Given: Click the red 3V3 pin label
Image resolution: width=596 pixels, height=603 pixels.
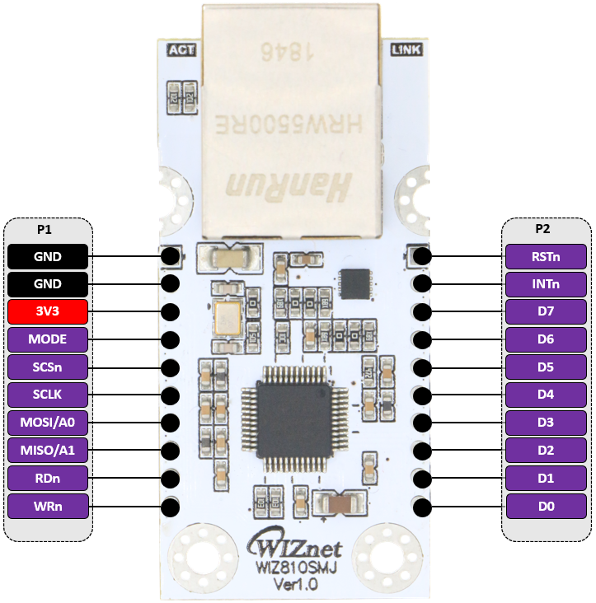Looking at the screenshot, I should [48, 312].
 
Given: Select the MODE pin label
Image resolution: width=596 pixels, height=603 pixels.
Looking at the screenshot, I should [48, 339].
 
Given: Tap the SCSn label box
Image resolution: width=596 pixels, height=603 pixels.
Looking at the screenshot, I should [48, 367].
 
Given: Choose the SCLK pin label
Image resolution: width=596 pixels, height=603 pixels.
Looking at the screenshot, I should [48, 395].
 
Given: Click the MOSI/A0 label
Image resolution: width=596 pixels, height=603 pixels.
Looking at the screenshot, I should [48, 423].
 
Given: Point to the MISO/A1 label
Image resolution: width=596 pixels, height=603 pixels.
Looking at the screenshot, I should [48, 451].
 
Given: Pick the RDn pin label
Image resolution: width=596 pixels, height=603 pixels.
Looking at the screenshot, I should [48, 479].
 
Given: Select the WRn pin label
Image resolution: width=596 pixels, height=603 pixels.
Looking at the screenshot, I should [48, 507].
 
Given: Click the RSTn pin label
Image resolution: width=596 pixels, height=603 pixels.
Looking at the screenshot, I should [546, 256].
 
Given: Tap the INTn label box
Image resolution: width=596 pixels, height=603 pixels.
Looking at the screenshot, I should [546, 284].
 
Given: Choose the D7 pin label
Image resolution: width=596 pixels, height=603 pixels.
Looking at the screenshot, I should [546, 312].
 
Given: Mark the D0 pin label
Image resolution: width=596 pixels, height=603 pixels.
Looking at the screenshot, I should [546, 507].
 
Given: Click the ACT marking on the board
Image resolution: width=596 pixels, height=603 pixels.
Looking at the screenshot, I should [181, 50].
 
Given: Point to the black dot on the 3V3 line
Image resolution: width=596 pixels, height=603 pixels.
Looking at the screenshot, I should [171, 312].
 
